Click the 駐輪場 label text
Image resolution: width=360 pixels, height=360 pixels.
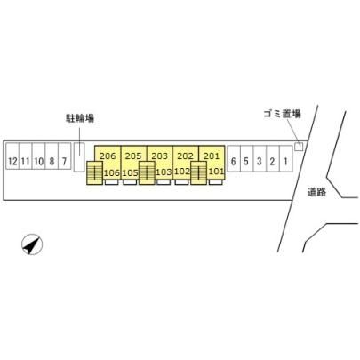(80, 118)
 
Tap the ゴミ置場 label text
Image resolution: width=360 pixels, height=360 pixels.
(283, 114)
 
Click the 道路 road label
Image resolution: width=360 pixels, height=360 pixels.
(316, 192)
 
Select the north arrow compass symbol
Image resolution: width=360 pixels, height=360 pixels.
(32, 244)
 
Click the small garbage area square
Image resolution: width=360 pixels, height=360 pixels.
(299, 147)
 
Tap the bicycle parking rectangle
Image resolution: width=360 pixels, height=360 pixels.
(79, 156)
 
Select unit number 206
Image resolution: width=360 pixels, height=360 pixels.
(108, 156)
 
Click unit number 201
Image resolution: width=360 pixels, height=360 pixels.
(212, 156)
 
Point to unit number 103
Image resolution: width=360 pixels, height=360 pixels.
(164, 172)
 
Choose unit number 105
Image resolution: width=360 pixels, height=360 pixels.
(131, 172)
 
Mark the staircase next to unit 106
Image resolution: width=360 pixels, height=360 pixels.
(94, 173)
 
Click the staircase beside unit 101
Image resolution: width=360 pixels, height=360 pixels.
(198, 173)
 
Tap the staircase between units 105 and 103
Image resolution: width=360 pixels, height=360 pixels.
(147, 173)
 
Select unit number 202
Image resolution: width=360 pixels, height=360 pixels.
(185, 156)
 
